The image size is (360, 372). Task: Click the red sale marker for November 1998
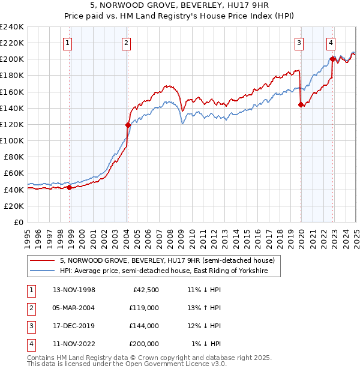click(x=70, y=187)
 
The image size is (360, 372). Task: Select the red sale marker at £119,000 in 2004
click(x=128, y=125)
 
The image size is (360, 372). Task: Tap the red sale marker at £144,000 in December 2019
click(x=301, y=104)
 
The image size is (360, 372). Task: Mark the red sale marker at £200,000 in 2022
click(x=332, y=59)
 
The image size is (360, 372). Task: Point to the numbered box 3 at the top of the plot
click(x=298, y=42)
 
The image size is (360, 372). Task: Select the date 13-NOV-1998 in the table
click(x=74, y=290)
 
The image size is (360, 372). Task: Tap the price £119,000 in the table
click(x=144, y=308)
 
